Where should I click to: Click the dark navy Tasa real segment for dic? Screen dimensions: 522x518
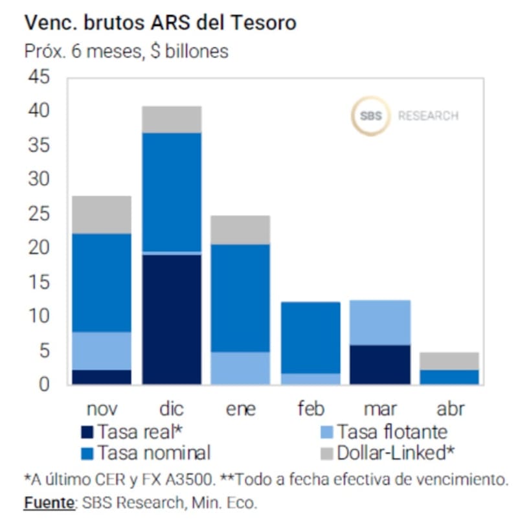tap(172, 319)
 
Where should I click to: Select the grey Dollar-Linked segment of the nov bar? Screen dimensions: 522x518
tap(102, 214)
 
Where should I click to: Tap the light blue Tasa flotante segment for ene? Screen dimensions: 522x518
tap(240, 368)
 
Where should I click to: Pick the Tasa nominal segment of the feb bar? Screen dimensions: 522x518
tap(310, 337)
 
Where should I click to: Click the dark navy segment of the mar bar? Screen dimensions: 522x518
tap(379, 365)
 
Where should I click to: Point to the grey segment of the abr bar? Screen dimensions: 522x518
tap(449, 361)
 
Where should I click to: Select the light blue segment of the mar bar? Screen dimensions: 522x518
tap(379, 323)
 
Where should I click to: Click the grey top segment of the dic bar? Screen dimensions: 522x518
tap(172, 119)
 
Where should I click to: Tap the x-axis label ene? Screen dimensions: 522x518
tap(241, 409)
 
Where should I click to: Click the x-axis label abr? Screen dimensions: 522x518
tap(449, 409)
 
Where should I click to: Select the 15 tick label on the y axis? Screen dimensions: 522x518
tap(38, 282)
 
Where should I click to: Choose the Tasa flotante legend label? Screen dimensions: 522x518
tap(391, 431)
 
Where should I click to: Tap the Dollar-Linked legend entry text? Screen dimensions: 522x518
tap(391, 452)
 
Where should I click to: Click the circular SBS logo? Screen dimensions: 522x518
tap(370, 116)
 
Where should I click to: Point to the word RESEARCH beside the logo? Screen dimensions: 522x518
tap(428, 117)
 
